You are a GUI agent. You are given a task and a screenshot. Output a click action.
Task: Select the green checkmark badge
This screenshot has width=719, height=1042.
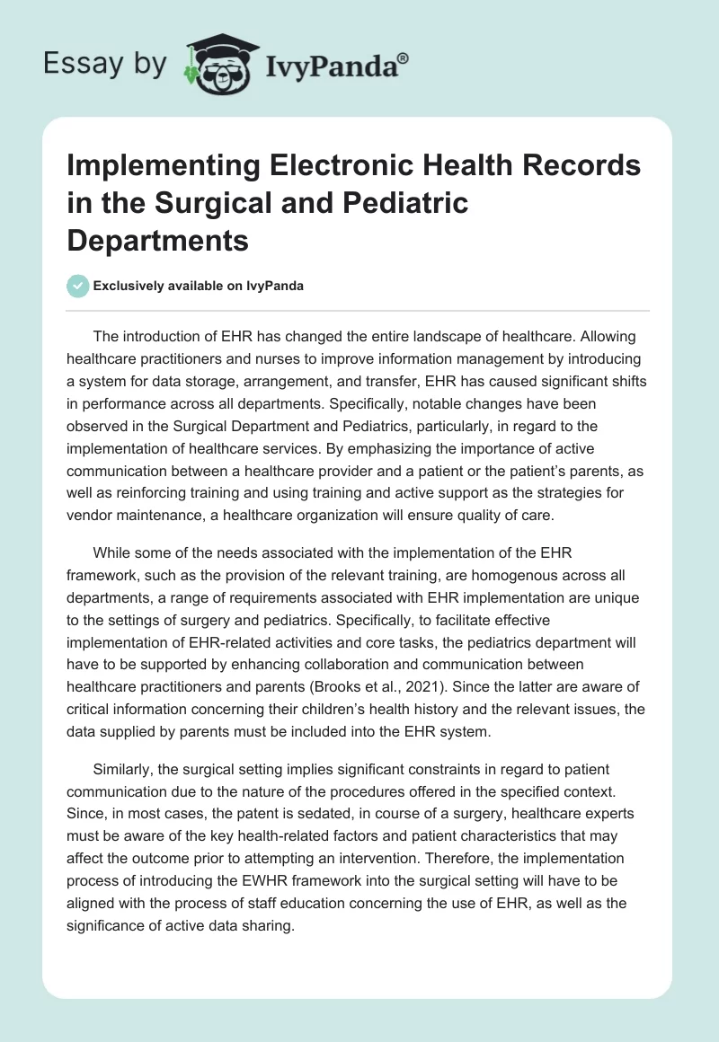click(x=77, y=286)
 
